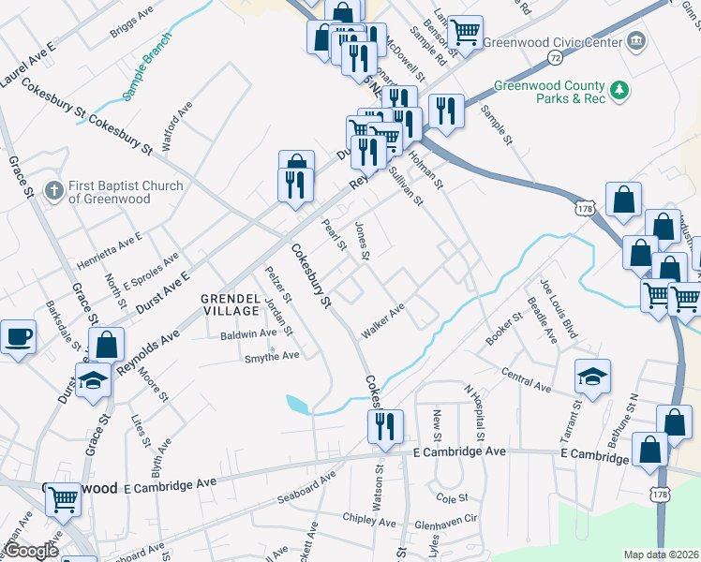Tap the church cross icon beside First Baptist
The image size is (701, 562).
(x=54, y=192)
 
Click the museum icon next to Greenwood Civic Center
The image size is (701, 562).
(x=637, y=41)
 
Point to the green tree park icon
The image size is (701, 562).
(x=619, y=90)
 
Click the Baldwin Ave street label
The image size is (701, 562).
(x=248, y=333)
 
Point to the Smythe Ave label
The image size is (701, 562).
(x=271, y=356)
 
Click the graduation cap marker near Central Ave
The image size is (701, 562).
(x=592, y=376)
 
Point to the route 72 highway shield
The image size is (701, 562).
(x=556, y=58)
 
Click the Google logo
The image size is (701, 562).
(x=31, y=552)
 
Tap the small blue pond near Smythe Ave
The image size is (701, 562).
(x=298, y=406)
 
